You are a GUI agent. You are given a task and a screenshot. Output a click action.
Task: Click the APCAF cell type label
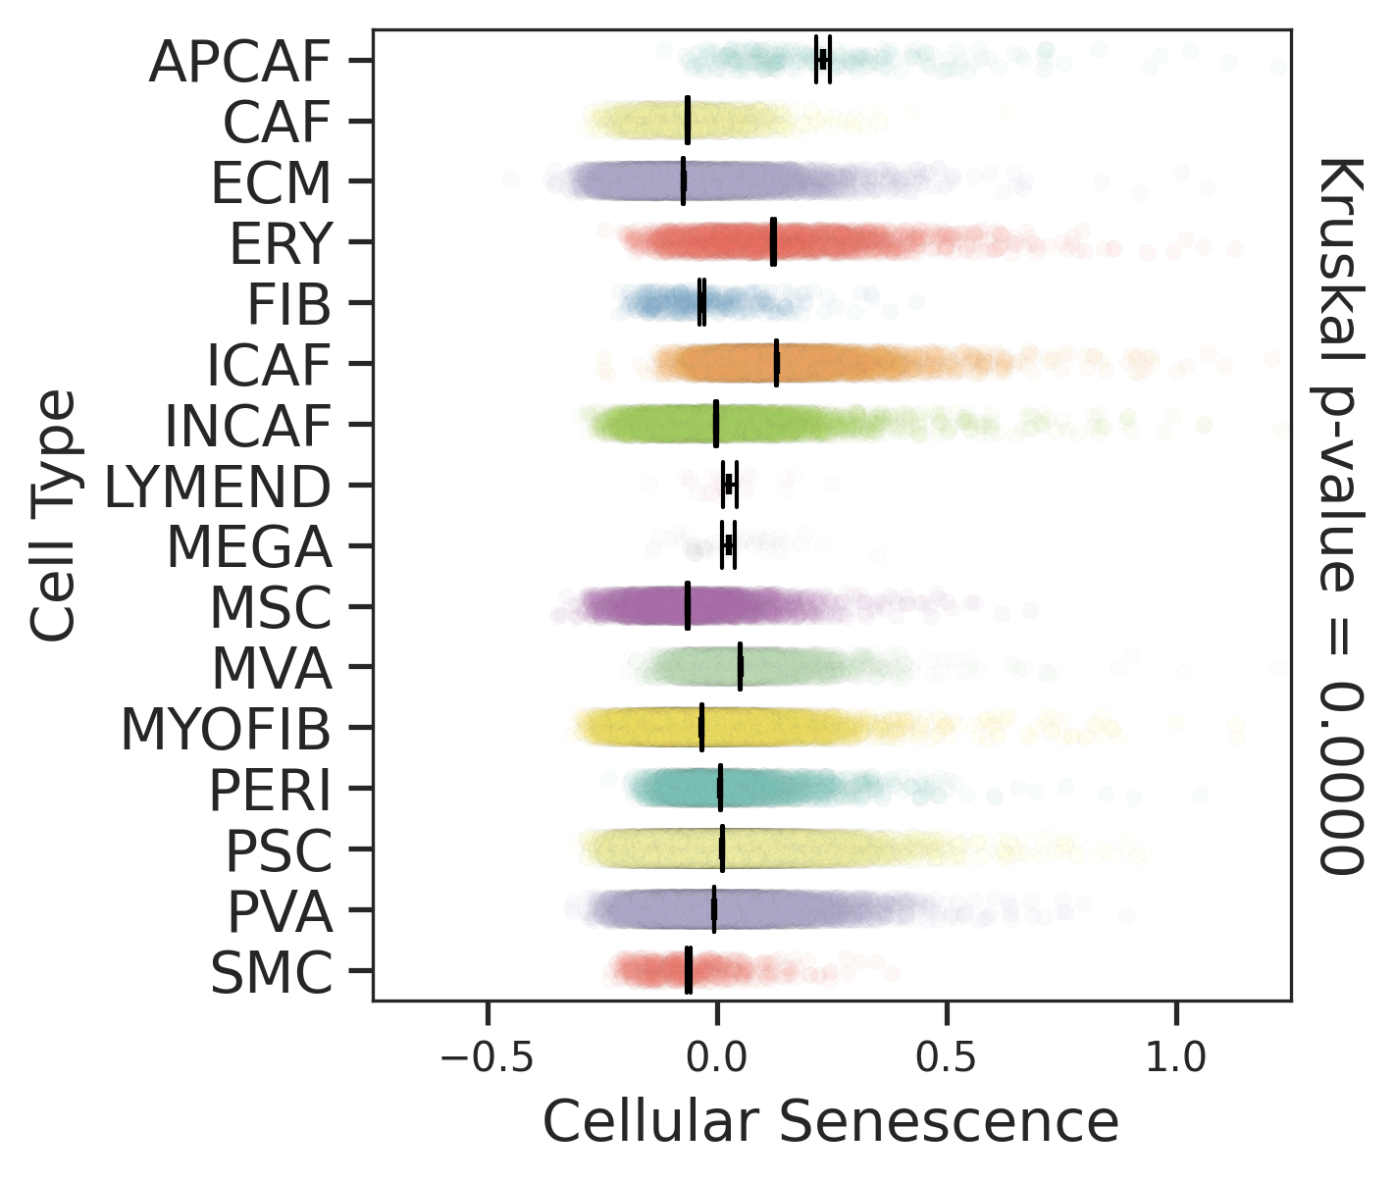tap(239, 62)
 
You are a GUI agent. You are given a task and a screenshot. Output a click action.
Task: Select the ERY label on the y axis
tap(281, 243)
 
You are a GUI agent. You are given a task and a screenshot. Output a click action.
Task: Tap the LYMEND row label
tap(217, 487)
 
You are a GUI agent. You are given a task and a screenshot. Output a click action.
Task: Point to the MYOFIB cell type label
tap(225, 730)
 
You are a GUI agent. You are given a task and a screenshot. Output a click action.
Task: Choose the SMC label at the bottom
tap(272, 973)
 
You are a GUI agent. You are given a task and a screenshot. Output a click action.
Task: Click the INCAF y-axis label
tap(247, 426)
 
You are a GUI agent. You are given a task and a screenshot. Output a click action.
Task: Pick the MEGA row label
tap(249, 547)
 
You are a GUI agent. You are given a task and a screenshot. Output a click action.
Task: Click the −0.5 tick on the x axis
tap(488, 1059)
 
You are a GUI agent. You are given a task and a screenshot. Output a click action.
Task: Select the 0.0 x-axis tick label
tap(717, 1059)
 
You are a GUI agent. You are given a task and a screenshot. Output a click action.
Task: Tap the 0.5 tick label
tap(947, 1059)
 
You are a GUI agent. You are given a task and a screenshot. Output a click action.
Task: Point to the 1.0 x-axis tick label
tap(1176, 1059)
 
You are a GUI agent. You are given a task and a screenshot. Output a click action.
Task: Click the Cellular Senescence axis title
tap(830, 1121)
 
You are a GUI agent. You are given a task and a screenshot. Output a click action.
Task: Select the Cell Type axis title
tap(53, 515)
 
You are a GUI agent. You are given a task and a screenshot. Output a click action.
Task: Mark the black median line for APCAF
tap(822, 60)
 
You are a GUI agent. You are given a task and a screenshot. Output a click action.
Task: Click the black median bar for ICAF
tap(777, 363)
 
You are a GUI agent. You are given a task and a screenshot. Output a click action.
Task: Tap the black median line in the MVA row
tap(740, 667)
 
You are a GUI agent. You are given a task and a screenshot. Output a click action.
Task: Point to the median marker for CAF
tap(688, 121)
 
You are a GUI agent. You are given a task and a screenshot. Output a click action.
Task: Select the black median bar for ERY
tap(773, 242)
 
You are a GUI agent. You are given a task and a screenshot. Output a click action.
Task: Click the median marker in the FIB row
tap(701, 302)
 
